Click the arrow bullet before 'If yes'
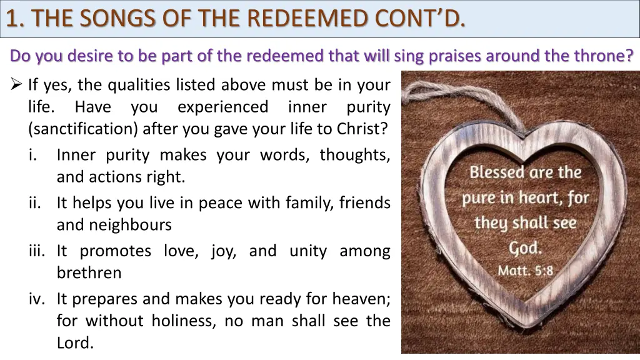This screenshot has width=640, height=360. (x=17, y=84)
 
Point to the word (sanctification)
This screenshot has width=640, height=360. (x=83, y=129)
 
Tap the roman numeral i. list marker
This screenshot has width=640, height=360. (x=34, y=155)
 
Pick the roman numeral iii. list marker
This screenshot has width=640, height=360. (x=37, y=251)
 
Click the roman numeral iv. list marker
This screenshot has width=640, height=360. (x=36, y=299)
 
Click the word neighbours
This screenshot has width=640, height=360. (x=114, y=225)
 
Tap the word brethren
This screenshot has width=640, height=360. (x=89, y=273)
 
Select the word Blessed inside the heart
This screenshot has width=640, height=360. (x=498, y=172)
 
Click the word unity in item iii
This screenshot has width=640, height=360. (x=308, y=251)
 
